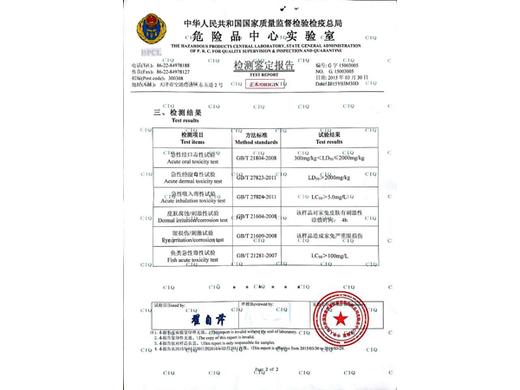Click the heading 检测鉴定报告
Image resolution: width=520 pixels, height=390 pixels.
[x=263, y=64]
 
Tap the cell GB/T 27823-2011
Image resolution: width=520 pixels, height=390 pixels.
[x=257, y=178]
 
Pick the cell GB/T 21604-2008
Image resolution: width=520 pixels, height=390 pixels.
[x=257, y=216]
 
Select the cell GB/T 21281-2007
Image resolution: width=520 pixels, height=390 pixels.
[x=257, y=257]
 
